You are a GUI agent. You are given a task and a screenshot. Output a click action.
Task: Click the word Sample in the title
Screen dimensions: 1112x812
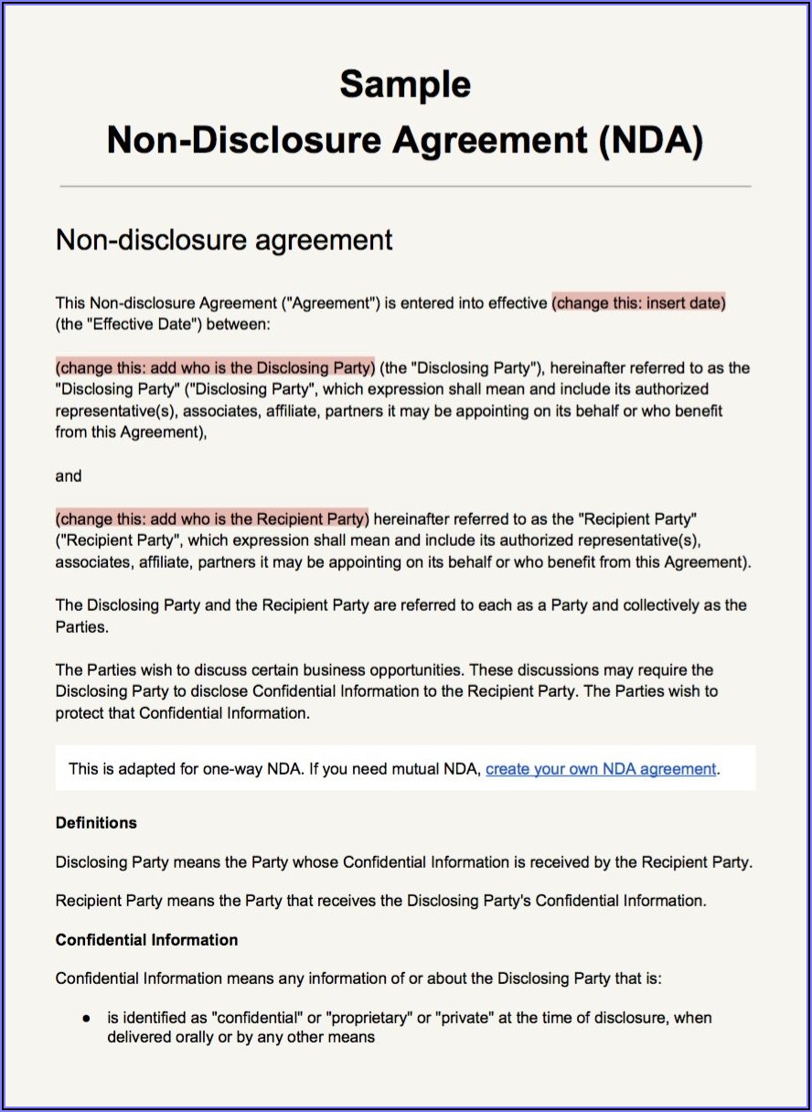pyautogui.click(x=405, y=84)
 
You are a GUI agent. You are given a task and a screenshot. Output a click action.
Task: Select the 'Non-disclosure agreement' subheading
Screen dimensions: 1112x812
pyautogui.click(x=224, y=240)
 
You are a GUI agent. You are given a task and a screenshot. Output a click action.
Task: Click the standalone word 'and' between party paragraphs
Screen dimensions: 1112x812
pyautogui.click(x=69, y=476)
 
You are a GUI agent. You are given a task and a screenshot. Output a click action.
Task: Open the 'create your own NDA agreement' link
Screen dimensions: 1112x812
pyautogui.click(x=601, y=769)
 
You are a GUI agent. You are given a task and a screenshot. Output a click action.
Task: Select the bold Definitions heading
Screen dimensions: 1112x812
pyautogui.click(x=96, y=822)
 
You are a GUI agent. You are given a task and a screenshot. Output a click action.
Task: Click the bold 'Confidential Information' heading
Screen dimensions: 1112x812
pyautogui.click(x=146, y=939)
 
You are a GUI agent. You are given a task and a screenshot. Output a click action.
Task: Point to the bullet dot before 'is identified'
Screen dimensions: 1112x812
pyautogui.click(x=86, y=1018)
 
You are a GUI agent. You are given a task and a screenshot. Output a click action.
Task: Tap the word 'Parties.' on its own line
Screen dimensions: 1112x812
pyautogui.click(x=81, y=628)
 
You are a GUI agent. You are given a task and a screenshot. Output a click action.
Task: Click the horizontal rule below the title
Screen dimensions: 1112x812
pyautogui.click(x=405, y=187)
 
